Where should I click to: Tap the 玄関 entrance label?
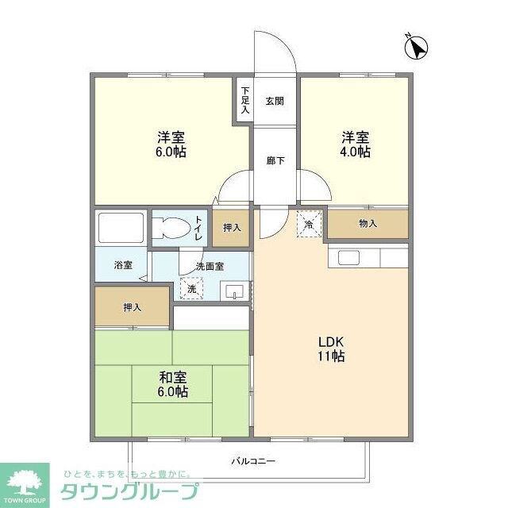pos(275,101)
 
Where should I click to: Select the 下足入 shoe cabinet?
pos(245,100)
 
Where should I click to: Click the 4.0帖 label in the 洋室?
pos(355,152)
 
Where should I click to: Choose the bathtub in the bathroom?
pos(120,228)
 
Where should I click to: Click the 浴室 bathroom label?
pos(121,264)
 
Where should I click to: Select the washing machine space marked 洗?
pos(191,289)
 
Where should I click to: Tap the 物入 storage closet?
pos(368,224)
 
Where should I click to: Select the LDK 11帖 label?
pos(331,349)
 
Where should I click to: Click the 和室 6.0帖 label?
pos(171,385)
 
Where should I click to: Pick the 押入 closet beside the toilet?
pos(231,228)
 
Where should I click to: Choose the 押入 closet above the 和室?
pos(132,306)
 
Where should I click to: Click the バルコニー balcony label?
pos(253,460)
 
